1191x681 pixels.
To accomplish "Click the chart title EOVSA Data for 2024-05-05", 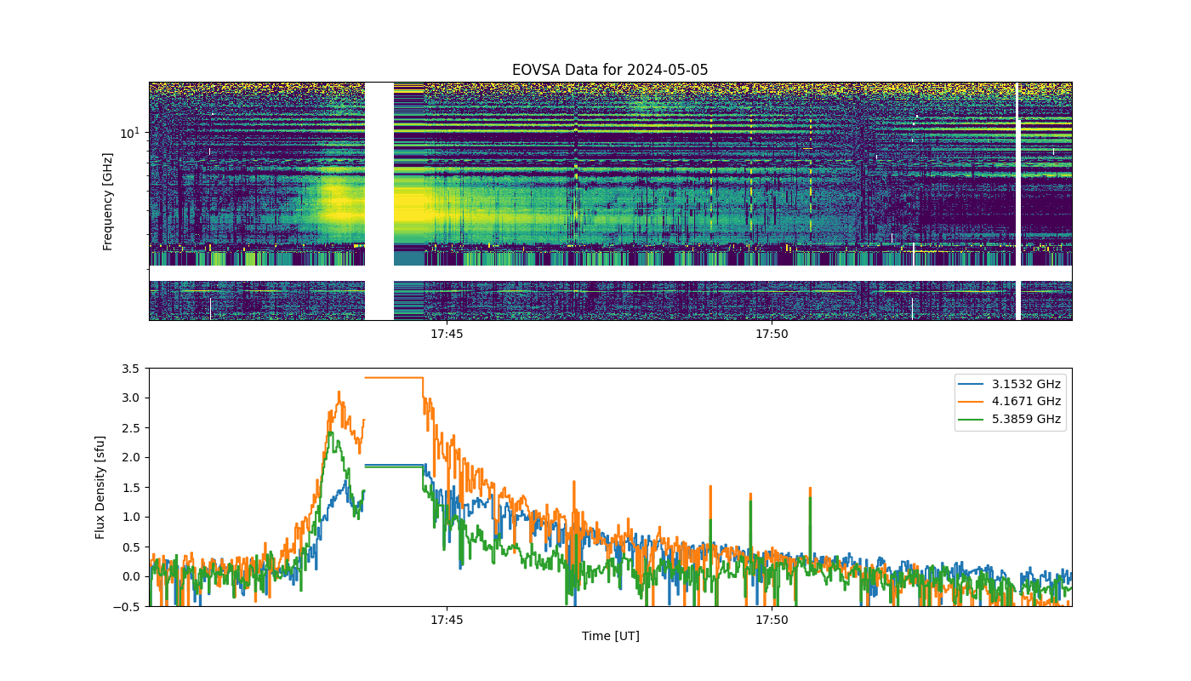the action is tap(610, 70).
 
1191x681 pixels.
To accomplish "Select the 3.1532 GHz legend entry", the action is tap(1010, 384).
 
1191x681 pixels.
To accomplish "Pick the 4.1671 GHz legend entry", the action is tap(1010, 401).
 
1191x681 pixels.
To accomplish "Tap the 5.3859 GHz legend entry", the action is tap(1010, 419).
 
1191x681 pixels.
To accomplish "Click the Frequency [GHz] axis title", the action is tap(107, 202).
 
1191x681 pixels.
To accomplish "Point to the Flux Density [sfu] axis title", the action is tap(100, 487).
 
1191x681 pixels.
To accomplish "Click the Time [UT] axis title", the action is tap(611, 636).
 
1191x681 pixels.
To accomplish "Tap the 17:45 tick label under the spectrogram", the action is tap(447, 334).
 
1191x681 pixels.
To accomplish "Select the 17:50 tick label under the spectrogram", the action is tap(772, 334).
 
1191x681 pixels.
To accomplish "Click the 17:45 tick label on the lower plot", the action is tap(447, 620).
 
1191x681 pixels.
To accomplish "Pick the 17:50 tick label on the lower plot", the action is tap(772, 620).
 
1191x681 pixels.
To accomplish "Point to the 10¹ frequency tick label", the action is tap(130, 133).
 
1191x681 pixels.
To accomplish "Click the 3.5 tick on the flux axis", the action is tap(131, 369).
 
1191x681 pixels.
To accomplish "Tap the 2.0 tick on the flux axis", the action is tap(131, 458).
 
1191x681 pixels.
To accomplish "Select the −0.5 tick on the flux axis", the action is tap(127, 607).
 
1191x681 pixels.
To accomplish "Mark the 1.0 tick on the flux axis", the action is tap(131, 518).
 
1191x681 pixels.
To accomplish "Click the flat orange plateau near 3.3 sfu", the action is tap(394, 378).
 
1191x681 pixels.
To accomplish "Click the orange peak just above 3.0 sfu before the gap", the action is tap(339, 392).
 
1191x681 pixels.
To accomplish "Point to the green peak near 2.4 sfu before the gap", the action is tap(332, 432).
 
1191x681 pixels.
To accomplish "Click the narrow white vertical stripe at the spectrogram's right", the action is tap(1017, 201).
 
